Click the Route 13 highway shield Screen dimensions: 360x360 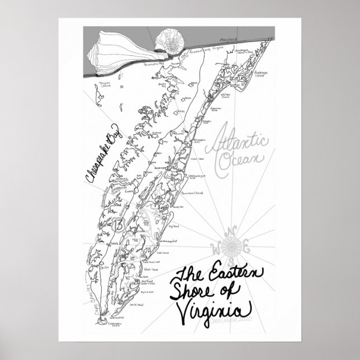click(x=117, y=225)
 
